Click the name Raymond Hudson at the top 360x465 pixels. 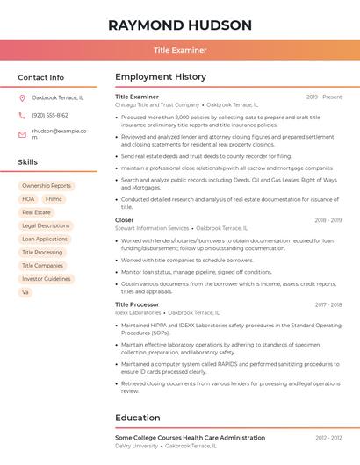click(180, 25)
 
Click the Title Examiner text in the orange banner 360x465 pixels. click(180, 50)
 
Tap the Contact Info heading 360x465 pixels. click(40, 77)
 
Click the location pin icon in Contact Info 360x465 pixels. click(22, 97)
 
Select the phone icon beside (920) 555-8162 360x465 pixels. click(22, 115)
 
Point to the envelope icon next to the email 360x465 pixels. click(22, 134)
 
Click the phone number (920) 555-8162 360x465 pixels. click(50, 115)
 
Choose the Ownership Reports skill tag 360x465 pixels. click(47, 186)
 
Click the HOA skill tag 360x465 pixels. click(28, 199)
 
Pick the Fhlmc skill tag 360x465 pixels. click(54, 199)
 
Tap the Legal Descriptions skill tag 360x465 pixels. click(46, 225)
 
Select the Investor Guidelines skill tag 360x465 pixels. click(46, 279)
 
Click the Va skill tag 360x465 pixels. click(25, 292)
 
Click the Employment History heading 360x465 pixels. click(161, 77)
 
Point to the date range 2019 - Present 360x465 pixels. click(324, 97)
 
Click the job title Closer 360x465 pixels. click(125, 220)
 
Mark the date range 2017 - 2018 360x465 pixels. click(328, 304)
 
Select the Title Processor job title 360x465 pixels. click(137, 304)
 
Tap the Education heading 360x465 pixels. click(138, 418)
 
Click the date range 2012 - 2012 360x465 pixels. click(328, 437)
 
